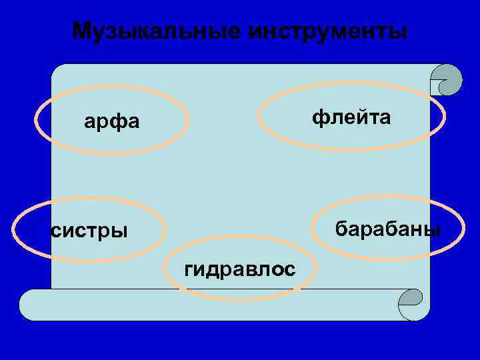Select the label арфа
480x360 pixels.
pyautogui.click(x=112, y=122)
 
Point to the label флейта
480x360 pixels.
pyautogui.click(x=351, y=117)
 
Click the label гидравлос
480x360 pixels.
pyautogui.click(x=239, y=269)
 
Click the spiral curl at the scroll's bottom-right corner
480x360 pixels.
pyautogui.click(x=411, y=304)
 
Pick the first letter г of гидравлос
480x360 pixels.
pyautogui.click(x=189, y=269)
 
